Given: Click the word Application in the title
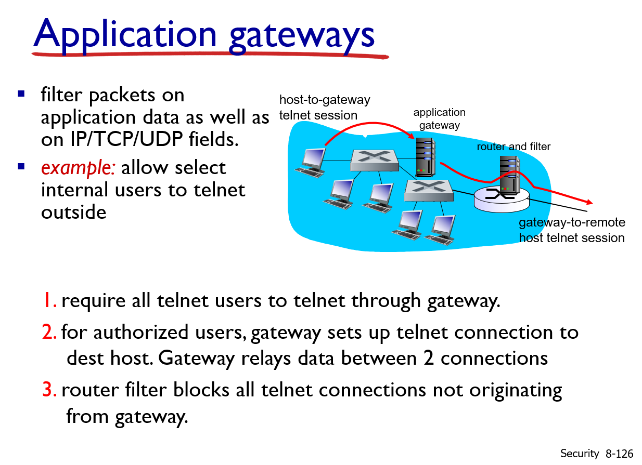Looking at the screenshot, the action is (x=125, y=35).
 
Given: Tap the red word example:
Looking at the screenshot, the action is (x=78, y=169).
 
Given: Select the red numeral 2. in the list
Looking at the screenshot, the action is (x=49, y=332).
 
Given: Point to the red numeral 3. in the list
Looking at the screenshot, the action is (x=49, y=390).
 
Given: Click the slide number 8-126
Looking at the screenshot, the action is (x=619, y=454).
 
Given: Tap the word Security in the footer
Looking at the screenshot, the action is (x=580, y=454).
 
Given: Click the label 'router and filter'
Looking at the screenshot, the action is (x=513, y=147).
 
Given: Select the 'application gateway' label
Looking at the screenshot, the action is (x=440, y=119).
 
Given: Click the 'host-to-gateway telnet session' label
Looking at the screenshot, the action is (x=325, y=108).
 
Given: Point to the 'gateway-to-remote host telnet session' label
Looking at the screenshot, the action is (x=572, y=230).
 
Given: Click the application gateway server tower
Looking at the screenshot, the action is (x=425, y=157).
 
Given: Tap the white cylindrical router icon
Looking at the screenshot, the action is (x=502, y=201).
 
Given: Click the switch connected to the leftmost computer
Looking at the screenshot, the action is (x=374, y=161).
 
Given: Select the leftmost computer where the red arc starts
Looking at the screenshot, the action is (x=311, y=163).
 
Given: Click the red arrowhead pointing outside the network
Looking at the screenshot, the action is (x=589, y=202).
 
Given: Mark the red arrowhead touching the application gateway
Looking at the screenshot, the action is (x=411, y=136).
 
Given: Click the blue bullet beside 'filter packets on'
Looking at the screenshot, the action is (x=21, y=94).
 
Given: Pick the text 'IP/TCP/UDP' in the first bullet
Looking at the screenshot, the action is (x=126, y=139).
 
